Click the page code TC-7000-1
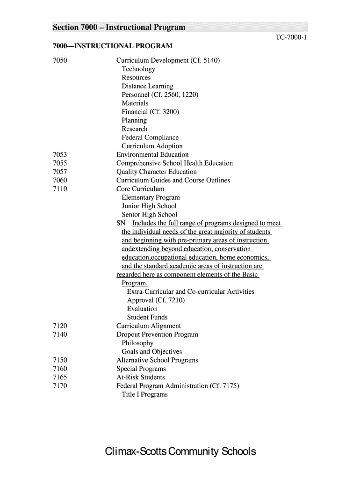[291, 37]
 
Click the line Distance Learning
[147, 87]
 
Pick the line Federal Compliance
[150, 138]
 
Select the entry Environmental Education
[152, 155]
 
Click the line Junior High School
[149, 206]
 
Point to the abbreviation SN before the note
[121, 224]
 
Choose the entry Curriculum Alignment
[148, 326]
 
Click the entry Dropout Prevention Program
[157, 334]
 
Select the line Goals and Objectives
[152, 352]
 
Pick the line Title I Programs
[144, 395]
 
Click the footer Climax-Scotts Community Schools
[180, 452]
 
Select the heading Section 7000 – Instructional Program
[119, 28]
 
